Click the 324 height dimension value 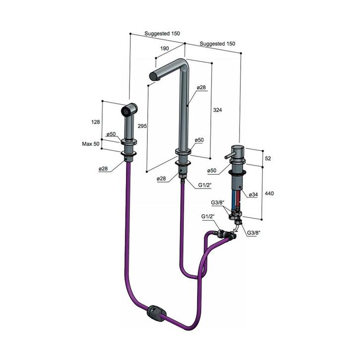pyautogui.click(x=217, y=110)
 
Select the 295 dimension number pyautogui.click(x=142, y=126)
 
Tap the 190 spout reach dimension pyautogui.click(x=165, y=49)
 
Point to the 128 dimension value pyautogui.click(x=96, y=122)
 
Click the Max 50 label pyautogui.click(x=91, y=144)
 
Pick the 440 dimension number pyautogui.click(x=269, y=193)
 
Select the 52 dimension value pyautogui.click(x=268, y=158)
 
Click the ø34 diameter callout pyautogui.click(x=253, y=195)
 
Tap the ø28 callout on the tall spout pyautogui.click(x=201, y=87)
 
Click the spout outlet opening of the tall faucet pyautogui.click(x=153, y=76)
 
